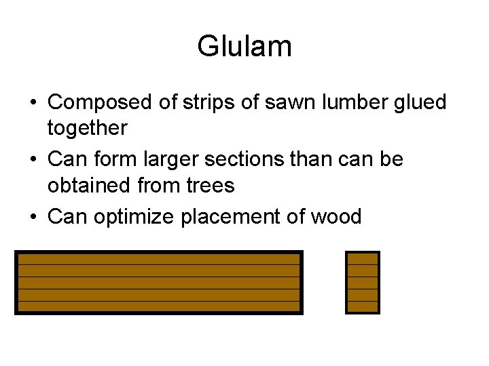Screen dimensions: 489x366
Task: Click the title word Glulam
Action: coord(244,46)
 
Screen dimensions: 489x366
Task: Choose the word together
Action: coord(87,128)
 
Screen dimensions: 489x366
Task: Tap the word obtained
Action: coord(90,185)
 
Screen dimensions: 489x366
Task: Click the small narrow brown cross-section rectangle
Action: coord(362,283)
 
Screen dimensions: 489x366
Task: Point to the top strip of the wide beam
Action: coord(159,258)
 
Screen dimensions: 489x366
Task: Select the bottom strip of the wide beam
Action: coord(159,306)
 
